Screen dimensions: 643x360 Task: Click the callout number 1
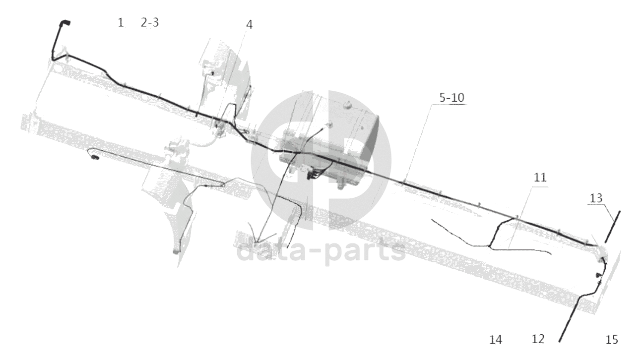121,22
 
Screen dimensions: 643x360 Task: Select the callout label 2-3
149,22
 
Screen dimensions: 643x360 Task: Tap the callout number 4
250,25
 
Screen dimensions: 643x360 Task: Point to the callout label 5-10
452,98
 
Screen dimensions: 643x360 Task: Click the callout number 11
540,178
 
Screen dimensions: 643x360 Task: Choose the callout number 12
538,339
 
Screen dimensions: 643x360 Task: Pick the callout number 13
596,198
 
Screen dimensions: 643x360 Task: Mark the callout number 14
496,340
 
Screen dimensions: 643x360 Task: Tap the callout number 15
611,340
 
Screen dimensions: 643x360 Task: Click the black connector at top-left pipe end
65,23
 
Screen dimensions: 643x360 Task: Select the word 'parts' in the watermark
365,252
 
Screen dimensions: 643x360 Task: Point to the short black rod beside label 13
613,227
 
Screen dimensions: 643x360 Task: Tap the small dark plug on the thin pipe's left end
95,157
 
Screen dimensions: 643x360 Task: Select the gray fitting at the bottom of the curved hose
176,252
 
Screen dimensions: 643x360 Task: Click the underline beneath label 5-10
449,105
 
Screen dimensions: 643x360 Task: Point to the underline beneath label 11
540,187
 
